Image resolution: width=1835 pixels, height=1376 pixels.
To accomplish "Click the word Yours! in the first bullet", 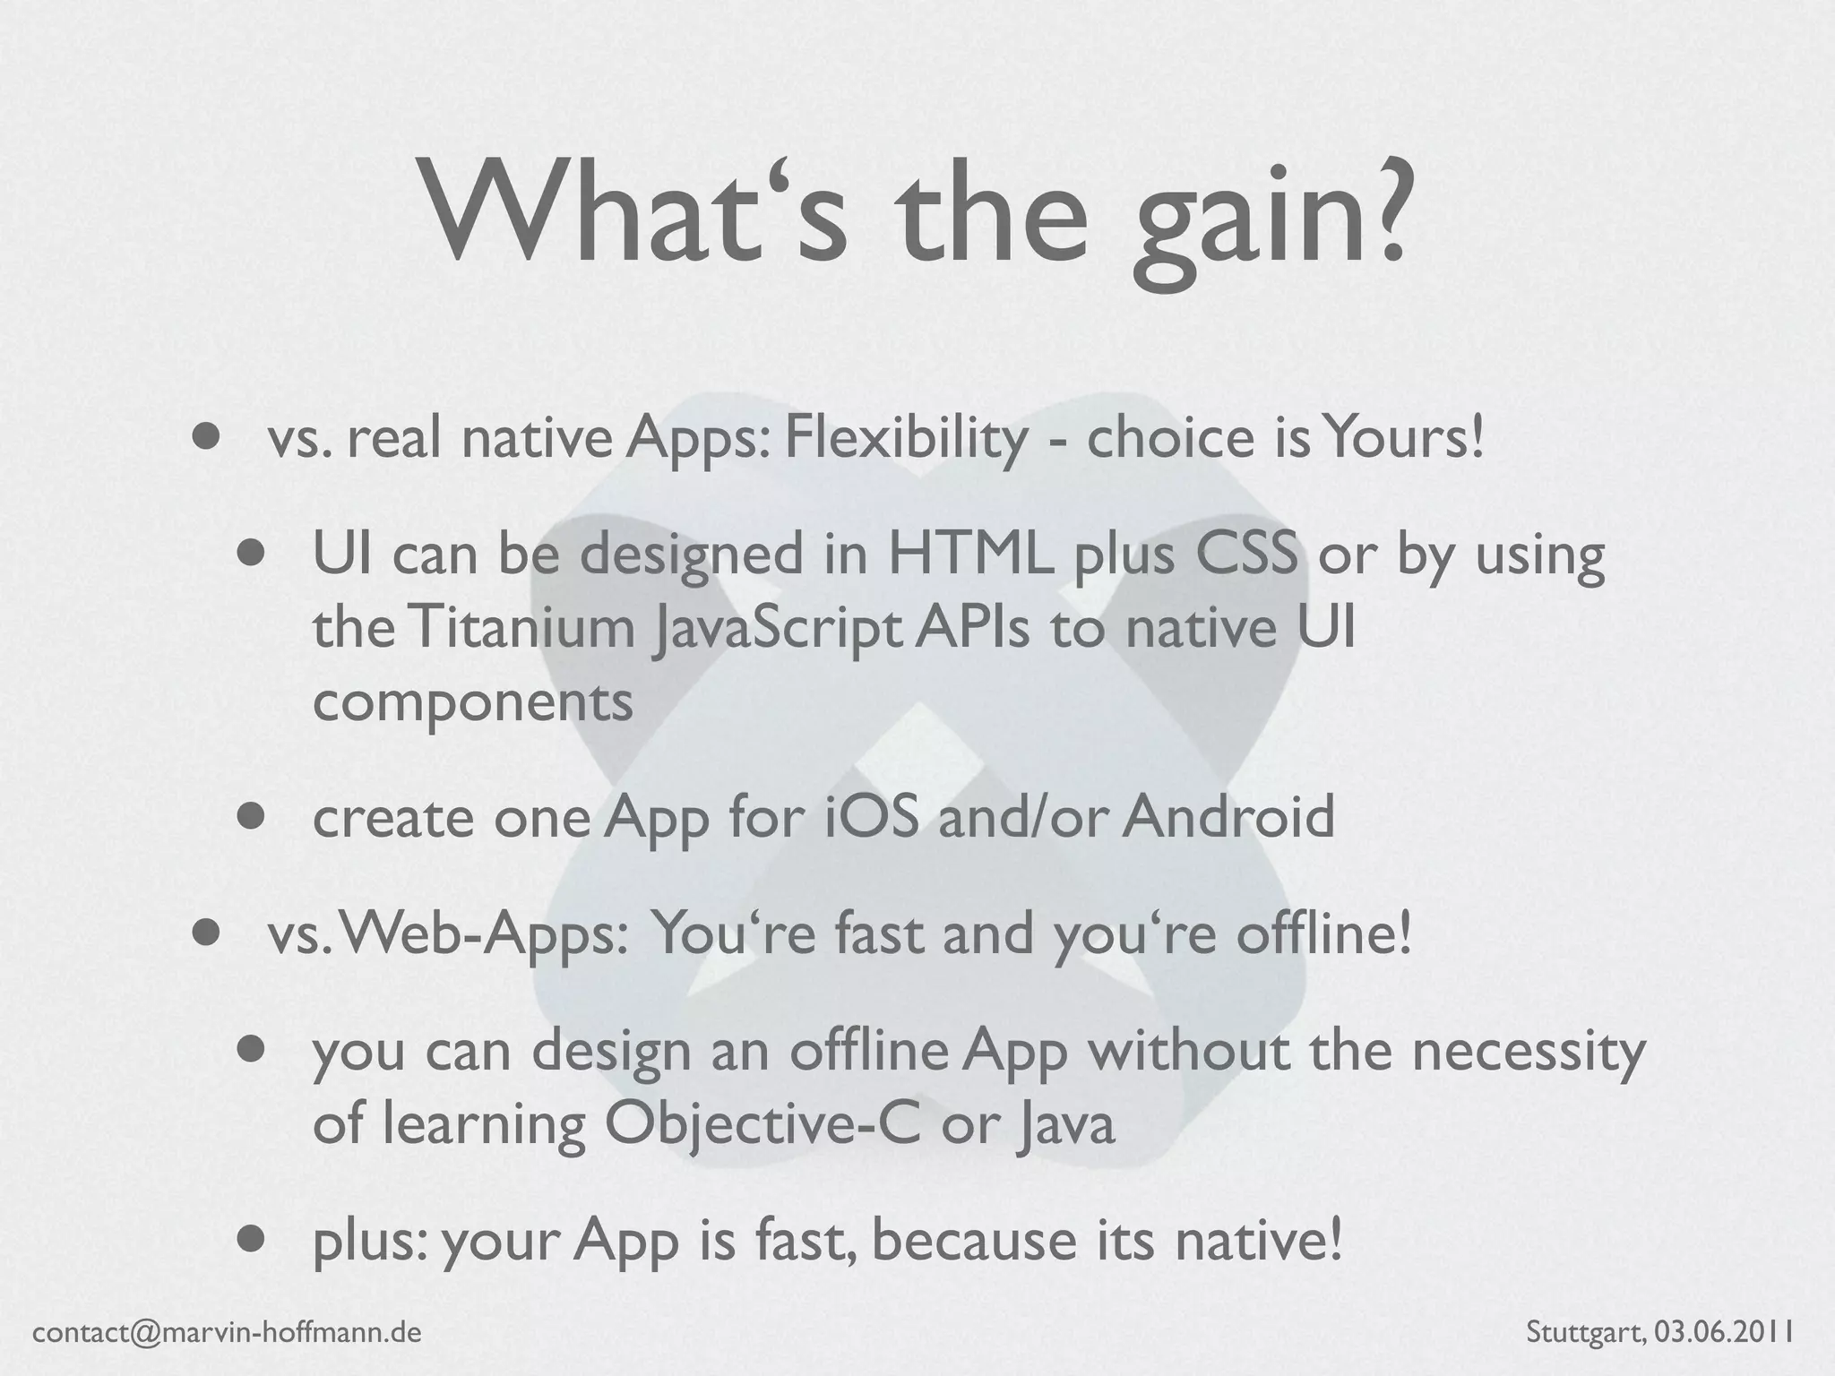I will [x=1405, y=439].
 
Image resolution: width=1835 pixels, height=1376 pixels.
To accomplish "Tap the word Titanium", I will [x=521, y=629].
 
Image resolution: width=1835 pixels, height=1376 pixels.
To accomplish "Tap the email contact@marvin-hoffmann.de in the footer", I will [x=227, y=1332].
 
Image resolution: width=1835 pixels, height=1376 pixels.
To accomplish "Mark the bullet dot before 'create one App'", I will [x=254, y=817].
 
